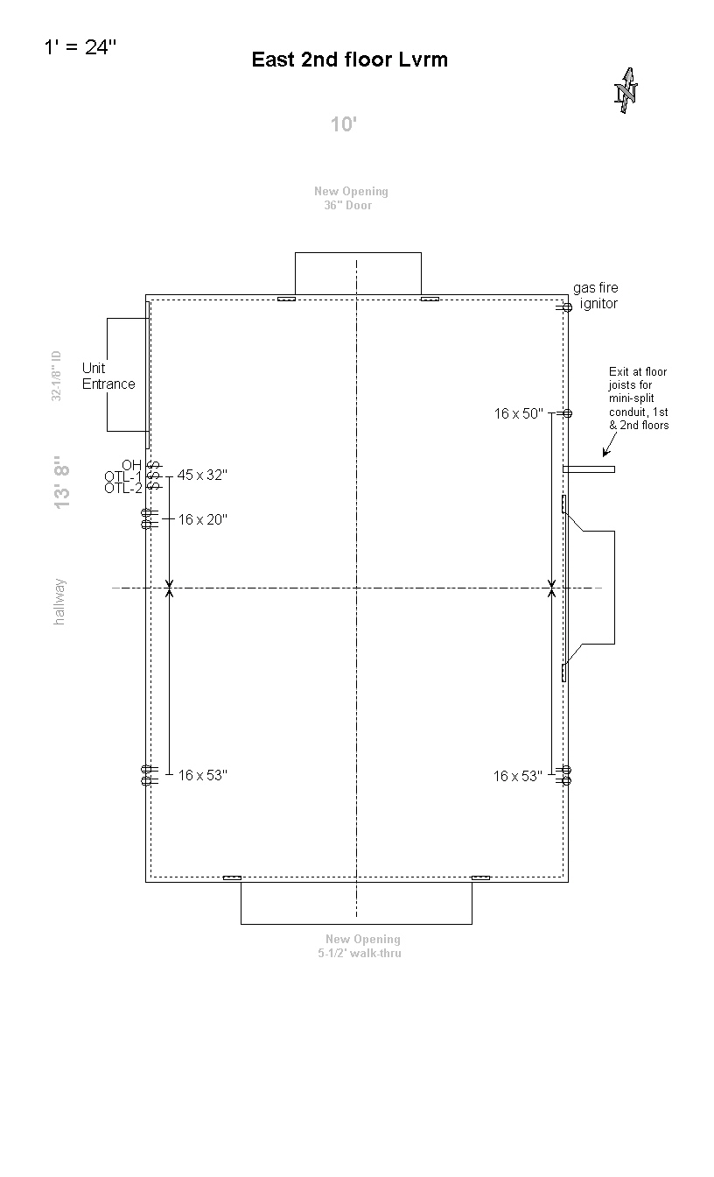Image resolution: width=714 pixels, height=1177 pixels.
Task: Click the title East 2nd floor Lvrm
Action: coord(350,60)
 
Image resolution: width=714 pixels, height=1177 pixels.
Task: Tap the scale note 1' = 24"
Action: coord(80,46)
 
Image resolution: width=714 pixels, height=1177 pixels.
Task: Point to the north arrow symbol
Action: coord(626,90)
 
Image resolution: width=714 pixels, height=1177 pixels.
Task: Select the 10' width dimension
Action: coord(343,124)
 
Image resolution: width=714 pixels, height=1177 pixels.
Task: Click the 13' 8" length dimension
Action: coord(61,483)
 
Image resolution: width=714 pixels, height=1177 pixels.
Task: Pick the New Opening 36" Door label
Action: coord(351,198)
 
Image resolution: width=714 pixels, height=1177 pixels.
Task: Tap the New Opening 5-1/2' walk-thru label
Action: coord(360,946)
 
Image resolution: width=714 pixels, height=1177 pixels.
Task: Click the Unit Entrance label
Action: coord(108,376)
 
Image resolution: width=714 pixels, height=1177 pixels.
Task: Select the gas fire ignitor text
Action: coord(596,296)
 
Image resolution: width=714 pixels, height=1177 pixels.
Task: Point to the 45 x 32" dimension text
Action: coord(202,475)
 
